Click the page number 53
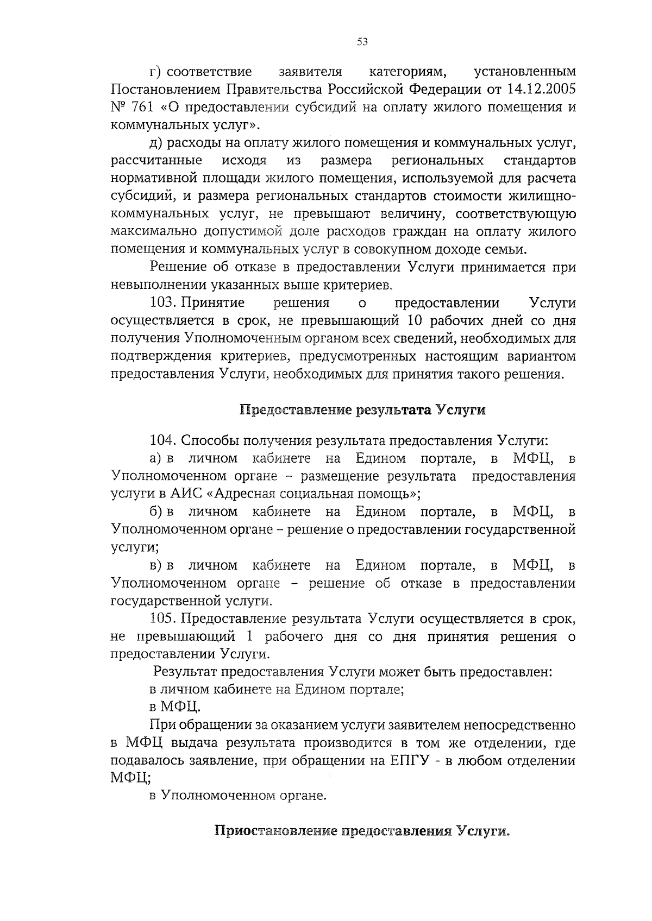(x=363, y=42)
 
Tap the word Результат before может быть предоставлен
(x=184, y=672)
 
